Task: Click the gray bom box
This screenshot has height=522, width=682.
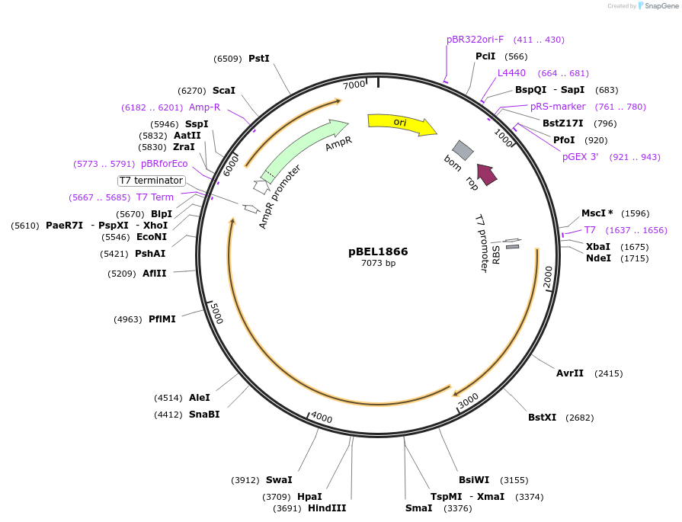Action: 463,150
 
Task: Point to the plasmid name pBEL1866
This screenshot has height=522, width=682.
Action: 378,251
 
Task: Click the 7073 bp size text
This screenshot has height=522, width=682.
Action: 378,264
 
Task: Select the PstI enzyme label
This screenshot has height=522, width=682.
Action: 259,58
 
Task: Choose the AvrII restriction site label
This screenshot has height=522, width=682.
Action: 569,373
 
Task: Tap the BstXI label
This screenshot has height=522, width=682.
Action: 542,418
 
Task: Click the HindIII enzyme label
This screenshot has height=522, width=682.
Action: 327,508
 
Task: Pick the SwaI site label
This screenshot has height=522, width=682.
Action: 278,480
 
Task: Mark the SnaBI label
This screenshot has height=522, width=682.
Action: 204,415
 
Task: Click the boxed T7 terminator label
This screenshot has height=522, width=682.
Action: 151,181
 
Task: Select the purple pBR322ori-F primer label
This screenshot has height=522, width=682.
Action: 475,40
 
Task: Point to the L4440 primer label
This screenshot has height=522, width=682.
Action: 511,73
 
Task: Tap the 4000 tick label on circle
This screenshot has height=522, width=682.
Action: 322,418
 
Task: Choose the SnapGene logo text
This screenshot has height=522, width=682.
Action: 658,6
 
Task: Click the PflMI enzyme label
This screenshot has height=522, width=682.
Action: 162,319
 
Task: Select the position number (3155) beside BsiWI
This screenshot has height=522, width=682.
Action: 514,480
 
